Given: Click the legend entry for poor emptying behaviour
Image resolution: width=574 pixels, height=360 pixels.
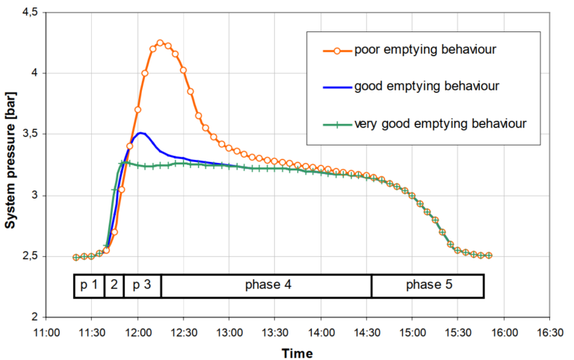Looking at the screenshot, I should click(415, 51).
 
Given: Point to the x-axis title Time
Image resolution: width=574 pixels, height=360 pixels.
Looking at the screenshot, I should click(297, 353).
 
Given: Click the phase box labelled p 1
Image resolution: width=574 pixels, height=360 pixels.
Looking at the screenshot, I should click(89, 286).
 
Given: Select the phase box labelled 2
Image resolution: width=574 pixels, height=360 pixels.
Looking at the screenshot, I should click(114, 286).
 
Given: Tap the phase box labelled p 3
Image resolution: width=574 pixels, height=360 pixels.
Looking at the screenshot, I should click(142, 286).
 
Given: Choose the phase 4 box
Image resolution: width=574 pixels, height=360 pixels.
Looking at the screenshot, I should click(265, 286).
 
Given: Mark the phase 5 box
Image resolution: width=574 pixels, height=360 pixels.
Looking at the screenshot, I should click(428, 286).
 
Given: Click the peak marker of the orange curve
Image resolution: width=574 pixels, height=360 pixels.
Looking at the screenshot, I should click(160, 43).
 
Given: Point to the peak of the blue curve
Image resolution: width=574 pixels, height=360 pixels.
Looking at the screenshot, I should click(141, 133).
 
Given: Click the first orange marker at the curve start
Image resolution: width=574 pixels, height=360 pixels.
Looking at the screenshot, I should click(76, 257).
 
